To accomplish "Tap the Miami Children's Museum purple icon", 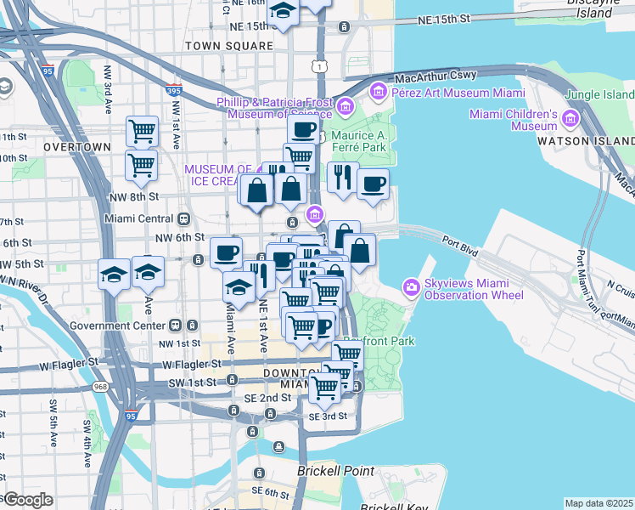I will [x=570, y=118].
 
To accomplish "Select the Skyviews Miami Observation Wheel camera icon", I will [x=412, y=286].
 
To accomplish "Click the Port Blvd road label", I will [x=459, y=248].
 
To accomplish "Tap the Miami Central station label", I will [x=138, y=218].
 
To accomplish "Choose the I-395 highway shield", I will [x=174, y=89].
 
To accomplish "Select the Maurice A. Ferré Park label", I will [x=358, y=141].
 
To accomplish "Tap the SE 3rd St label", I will [x=328, y=416].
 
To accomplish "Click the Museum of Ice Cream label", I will [x=219, y=174].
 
